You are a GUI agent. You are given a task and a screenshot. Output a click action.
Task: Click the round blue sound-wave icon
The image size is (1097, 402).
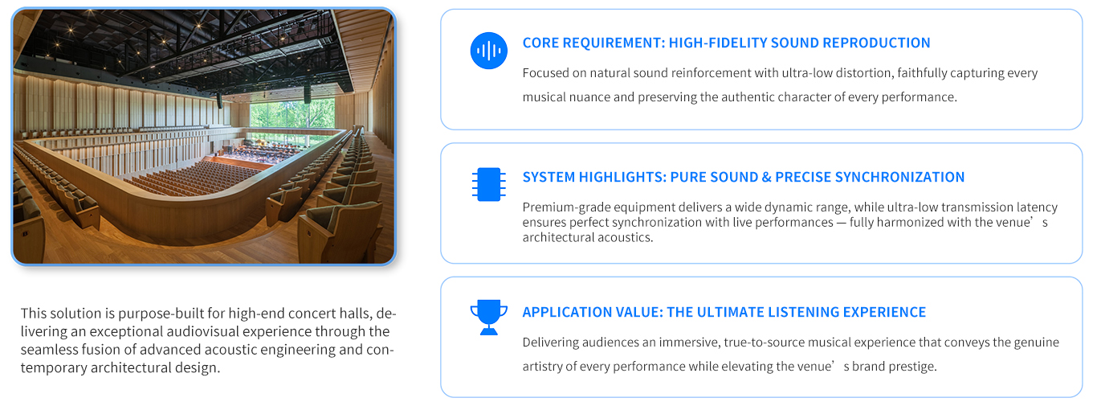pyautogui.click(x=489, y=51)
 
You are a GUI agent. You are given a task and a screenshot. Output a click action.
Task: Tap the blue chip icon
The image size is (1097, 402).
pyautogui.click(x=489, y=184)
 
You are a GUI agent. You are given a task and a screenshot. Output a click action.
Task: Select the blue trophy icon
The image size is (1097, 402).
pyautogui.click(x=489, y=318)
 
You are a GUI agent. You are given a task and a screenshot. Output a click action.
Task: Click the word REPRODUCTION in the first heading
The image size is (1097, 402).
pyautogui.click(x=876, y=43)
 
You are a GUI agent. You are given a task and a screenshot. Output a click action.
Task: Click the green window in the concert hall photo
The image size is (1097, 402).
pyautogui.click(x=292, y=114)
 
